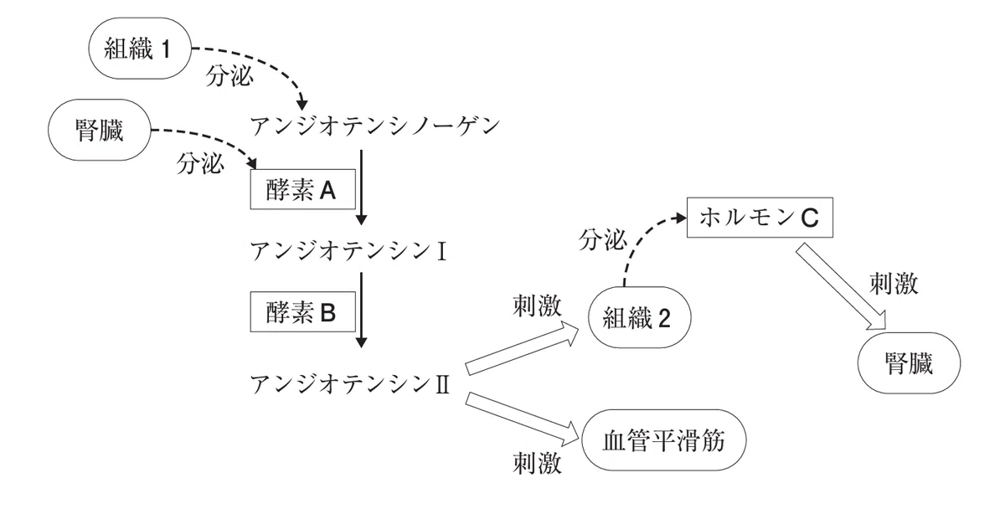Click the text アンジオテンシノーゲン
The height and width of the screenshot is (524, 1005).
(375, 126)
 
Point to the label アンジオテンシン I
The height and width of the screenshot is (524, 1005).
(348, 250)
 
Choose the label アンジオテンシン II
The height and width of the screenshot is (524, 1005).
(350, 384)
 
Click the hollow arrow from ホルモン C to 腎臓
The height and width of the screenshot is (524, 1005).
(841, 287)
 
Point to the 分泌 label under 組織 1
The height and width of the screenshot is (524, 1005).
(229, 76)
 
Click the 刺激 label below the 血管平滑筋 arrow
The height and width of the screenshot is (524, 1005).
(537, 463)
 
